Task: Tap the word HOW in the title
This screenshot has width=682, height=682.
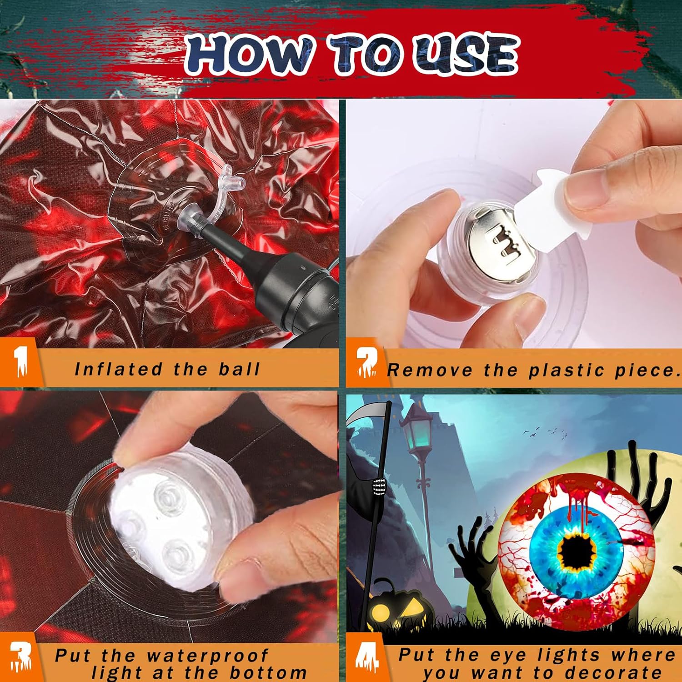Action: pos(249,55)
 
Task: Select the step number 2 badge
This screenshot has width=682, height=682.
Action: pos(366,362)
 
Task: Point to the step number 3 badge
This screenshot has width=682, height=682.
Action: pos(21,657)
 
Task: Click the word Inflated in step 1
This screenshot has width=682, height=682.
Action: pos(118,369)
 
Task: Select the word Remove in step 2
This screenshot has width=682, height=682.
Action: pos(429,370)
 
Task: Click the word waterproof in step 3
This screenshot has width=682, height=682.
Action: pos(207,656)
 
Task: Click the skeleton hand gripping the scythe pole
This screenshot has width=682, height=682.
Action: pos(379,487)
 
